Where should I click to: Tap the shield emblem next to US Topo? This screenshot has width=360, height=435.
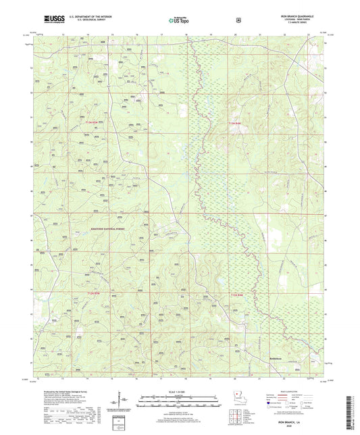click(238, 20)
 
